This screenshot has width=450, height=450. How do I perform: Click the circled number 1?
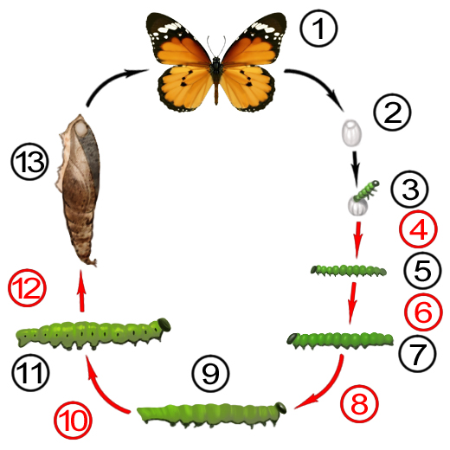(x=318, y=29)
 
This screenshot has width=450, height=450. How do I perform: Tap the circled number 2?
(x=392, y=112)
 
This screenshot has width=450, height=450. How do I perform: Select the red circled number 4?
(x=418, y=229)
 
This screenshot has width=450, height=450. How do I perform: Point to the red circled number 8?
(x=359, y=403)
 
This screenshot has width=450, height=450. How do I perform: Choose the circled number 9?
(x=211, y=373)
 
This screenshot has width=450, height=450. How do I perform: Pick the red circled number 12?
(x=27, y=287)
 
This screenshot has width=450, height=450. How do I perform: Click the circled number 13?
(x=29, y=162)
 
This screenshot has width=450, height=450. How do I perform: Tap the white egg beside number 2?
(x=351, y=133)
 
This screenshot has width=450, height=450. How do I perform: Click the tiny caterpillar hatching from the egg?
(x=366, y=190)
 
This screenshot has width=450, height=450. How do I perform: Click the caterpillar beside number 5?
(x=349, y=271)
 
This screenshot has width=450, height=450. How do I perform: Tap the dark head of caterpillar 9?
(x=280, y=408)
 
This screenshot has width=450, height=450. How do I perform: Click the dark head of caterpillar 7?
(x=292, y=338)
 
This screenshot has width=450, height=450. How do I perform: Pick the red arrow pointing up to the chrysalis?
(x=81, y=290)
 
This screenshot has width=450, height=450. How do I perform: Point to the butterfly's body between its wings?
(x=216, y=75)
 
